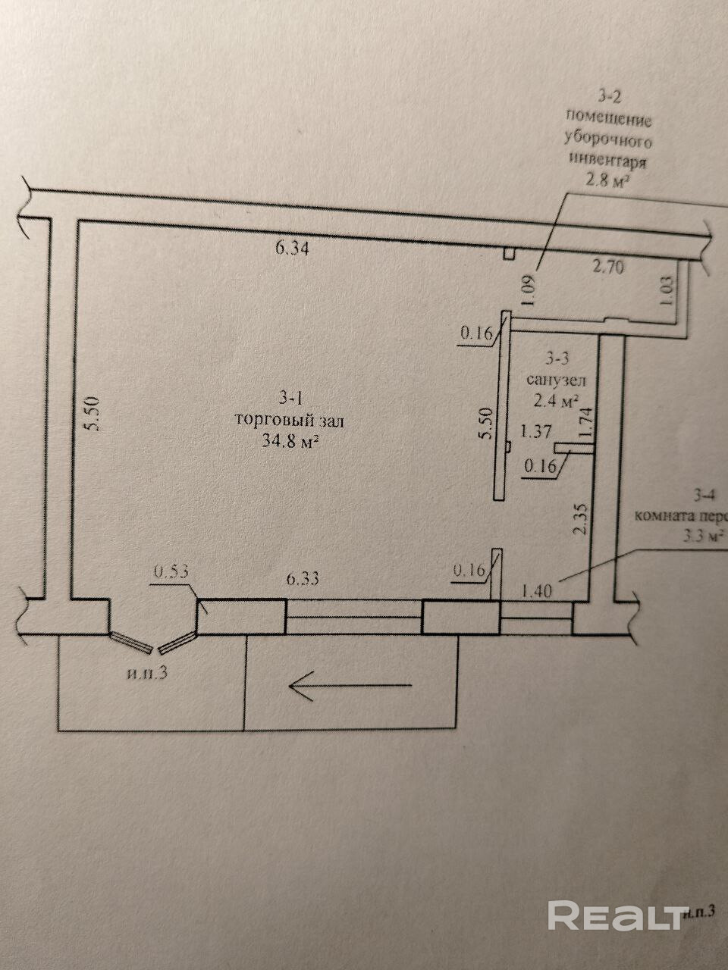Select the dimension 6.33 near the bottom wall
coord(303,578)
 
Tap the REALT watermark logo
coord(616,915)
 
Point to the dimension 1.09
coord(529,289)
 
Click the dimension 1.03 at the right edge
coord(667,290)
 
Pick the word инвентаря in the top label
coord(607,161)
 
